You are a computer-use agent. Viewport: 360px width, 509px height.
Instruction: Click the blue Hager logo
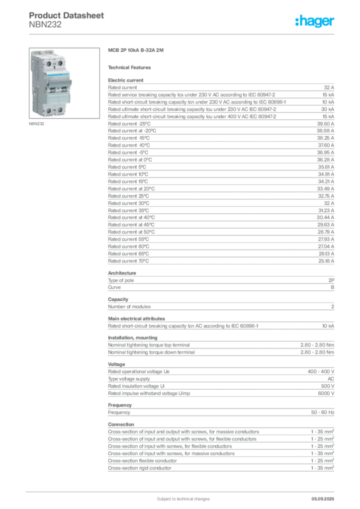click(x=315, y=21)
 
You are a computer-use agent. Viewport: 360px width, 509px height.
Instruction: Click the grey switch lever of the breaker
click(x=71, y=80)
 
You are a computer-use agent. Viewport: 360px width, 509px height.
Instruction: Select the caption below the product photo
click(x=38, y=125)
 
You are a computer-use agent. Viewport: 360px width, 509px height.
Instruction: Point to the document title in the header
click(x=67, y=15)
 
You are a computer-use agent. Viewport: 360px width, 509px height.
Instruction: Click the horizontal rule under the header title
click(x=183, y=33)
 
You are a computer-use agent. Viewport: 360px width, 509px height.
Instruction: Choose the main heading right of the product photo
click(x=137, y=51)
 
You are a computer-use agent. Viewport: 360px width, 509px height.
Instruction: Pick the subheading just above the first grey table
click(x=131, y=67)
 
